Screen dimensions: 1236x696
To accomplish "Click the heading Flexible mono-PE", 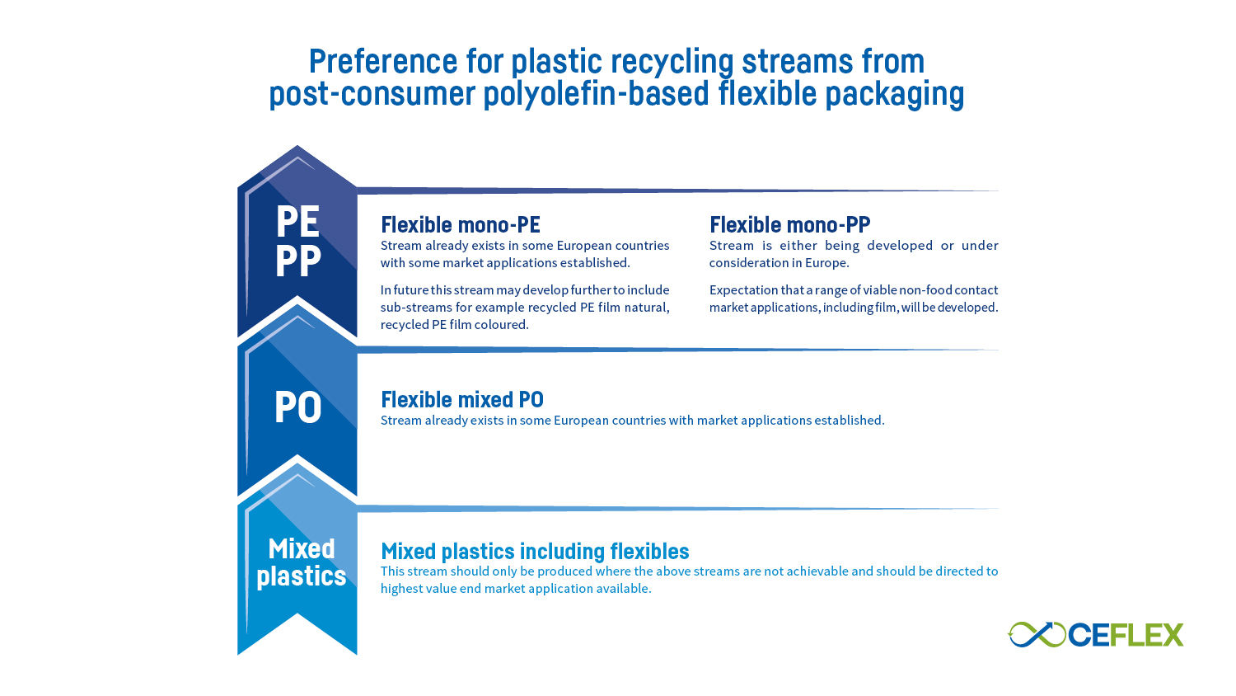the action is pyautogui.click(x=460, y=225).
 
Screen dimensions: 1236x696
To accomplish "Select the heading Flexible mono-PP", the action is pyautogui.click(x=789, y=225).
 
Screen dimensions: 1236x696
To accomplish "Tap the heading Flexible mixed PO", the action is pyautogui.click(x=462, y=399).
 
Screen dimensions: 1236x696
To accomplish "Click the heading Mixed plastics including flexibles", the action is pyautogui.click(x=535, y=552).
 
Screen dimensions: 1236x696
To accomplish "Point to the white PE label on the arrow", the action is pyautogui.click(x=298, y=221).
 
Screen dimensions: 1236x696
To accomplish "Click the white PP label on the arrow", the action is pyautogui.click(x=298, y=260).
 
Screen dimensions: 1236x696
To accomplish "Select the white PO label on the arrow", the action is pyautogui.click(x=298, y=407).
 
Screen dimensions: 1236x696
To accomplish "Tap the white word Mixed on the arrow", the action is pyautogui.click(x=302, y=549).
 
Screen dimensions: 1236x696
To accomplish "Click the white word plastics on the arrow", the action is pyautogui.click(x=302, y=576).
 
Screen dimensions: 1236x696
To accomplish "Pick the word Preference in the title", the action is pyautogui.click(x=383, y=61).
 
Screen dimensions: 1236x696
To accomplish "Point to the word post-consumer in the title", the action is pyautogui.click(x=372, y=94).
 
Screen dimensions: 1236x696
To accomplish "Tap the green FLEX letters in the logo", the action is pyautogui.click(x=1146, y=635).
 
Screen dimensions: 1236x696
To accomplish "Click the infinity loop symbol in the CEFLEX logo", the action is pyautogui.click(x=1037, y=634).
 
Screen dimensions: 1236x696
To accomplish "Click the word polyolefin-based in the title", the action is pyautogui.click(x=597, y=94).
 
